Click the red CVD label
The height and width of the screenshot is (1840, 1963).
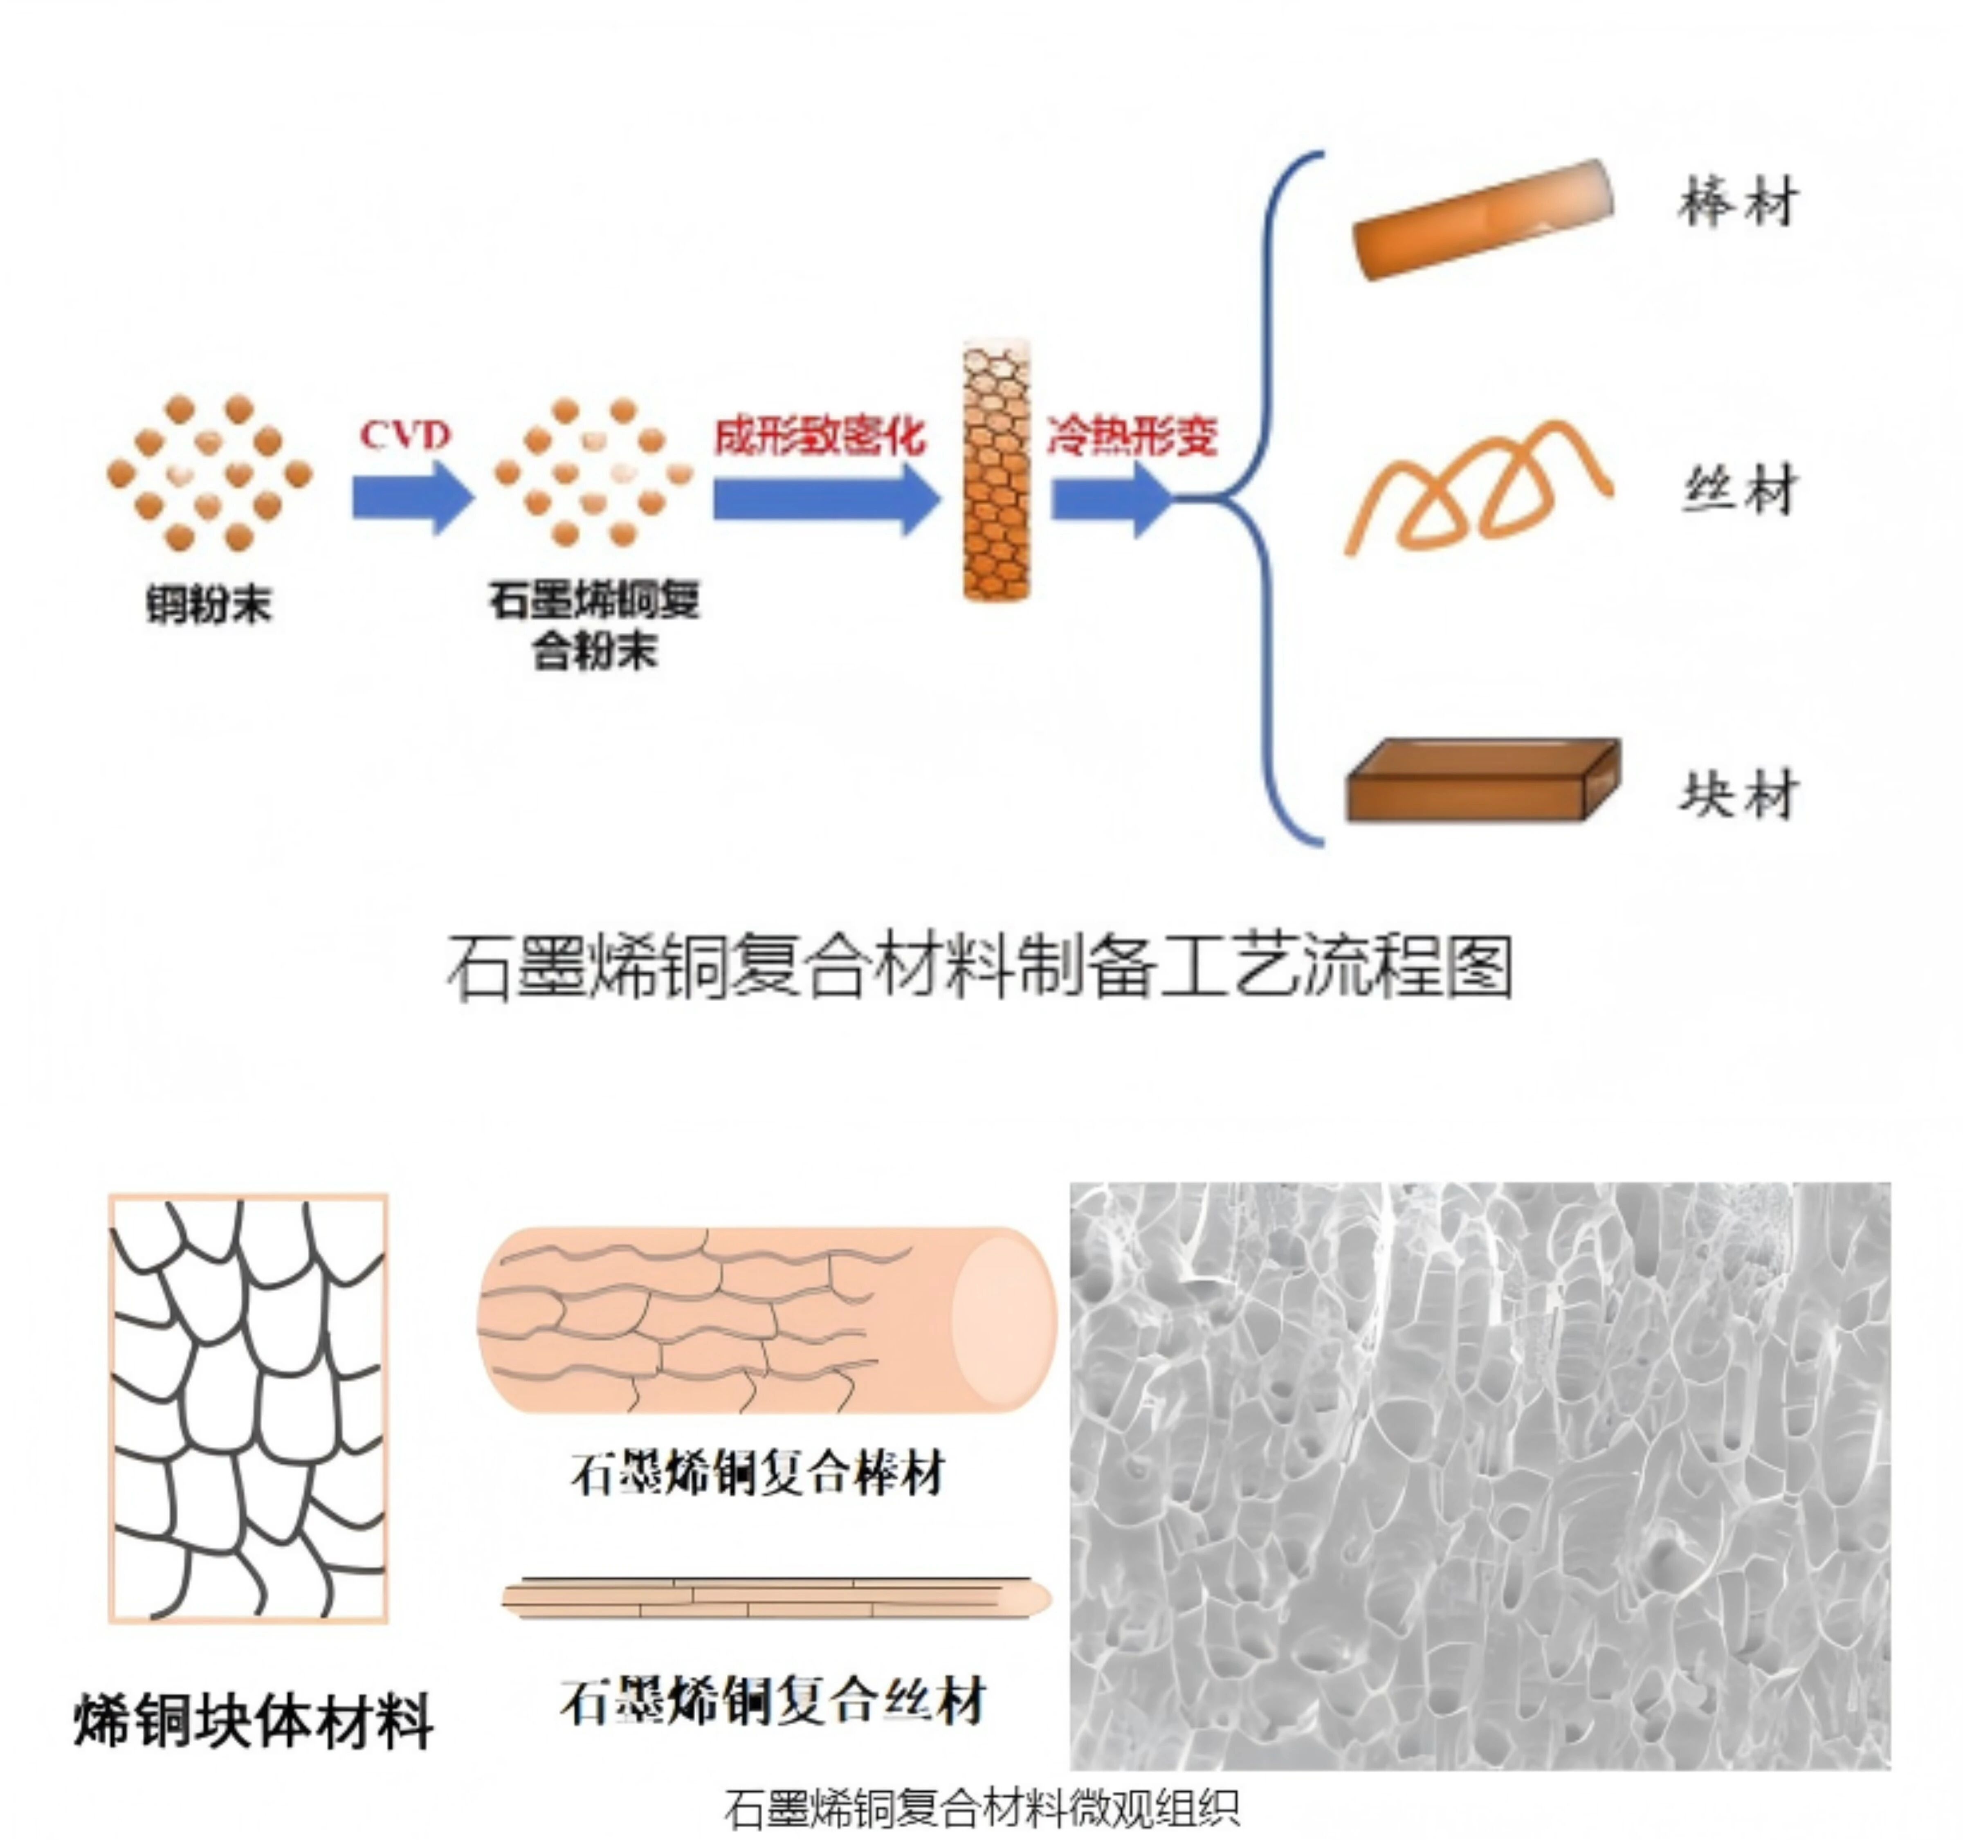[405, 435]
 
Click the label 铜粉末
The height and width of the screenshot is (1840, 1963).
[208, 604]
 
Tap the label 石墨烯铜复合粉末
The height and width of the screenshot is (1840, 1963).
[595, 625]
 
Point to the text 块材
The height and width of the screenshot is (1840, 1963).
[1738, 795]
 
